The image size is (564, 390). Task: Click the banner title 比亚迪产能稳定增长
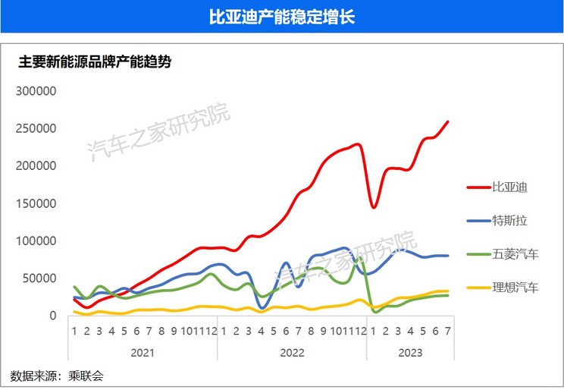282,17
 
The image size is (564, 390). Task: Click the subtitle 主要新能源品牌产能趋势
95,62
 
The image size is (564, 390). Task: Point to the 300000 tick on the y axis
37,91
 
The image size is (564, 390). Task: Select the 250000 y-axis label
37,128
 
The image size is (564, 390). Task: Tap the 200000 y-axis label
37,165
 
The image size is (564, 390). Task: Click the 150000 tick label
37,203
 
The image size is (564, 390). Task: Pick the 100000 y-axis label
37,241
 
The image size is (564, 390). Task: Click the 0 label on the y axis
53,316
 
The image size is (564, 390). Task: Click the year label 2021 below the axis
143,353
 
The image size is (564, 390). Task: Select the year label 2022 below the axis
292,353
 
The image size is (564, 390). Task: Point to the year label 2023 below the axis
410,353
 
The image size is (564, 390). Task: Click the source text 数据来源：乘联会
57,376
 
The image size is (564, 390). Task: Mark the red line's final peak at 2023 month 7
448,121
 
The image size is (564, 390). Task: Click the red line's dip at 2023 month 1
374,206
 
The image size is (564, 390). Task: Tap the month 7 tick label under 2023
448,331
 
